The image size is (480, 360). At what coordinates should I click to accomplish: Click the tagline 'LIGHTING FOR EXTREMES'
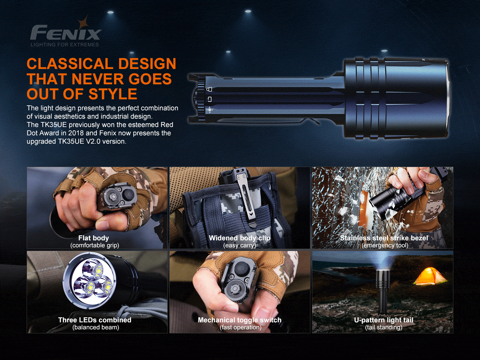coord(65,45)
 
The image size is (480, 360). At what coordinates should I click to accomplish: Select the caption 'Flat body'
coord(94,238)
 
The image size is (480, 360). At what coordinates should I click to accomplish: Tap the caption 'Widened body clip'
coord(239,238)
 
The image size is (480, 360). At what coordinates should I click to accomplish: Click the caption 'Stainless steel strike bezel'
coord(384,238)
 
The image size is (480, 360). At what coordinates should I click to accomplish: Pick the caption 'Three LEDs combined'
coord(95,320)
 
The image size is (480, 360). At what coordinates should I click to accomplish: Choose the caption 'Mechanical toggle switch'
coord(239,320)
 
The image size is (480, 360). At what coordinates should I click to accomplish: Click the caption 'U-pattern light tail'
coord(384,320)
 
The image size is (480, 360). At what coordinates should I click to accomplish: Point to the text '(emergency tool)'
coord(385,246)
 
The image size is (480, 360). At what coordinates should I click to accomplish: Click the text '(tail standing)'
coord(384,327)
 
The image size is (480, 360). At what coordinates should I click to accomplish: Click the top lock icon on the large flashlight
coord(209,89)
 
